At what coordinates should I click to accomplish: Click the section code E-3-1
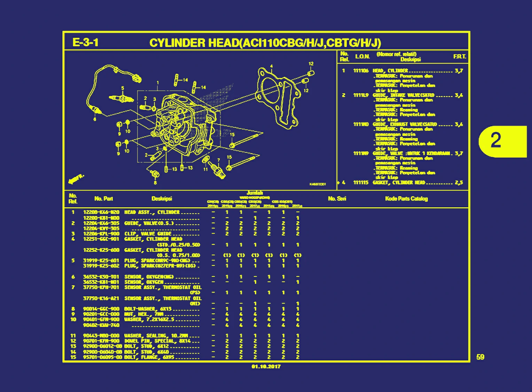pos(85,42)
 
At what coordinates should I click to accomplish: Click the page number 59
pos(480,357)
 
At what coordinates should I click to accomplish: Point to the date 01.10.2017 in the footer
pos(266,367)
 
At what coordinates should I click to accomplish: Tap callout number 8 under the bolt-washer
pos(155,182)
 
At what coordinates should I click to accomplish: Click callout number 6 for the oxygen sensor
pos(94,119)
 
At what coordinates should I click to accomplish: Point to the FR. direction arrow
pos(76,179)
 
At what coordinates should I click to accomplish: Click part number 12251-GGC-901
pos(101,239)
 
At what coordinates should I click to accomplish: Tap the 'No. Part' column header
pos(103,199)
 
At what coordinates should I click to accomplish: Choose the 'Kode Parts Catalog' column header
pos(406,199)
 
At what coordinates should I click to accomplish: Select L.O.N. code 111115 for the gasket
pos(361,183)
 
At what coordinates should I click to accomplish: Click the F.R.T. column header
pos(460,57)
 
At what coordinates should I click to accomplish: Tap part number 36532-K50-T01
pos(101,277)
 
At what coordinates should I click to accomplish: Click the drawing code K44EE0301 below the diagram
pos(317,184)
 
